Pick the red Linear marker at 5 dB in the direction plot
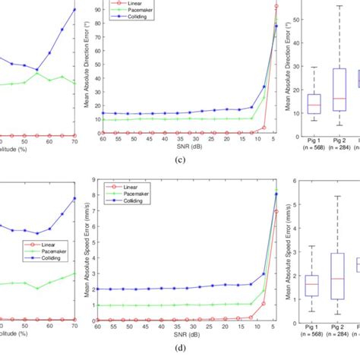click(x=276, y=6)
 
